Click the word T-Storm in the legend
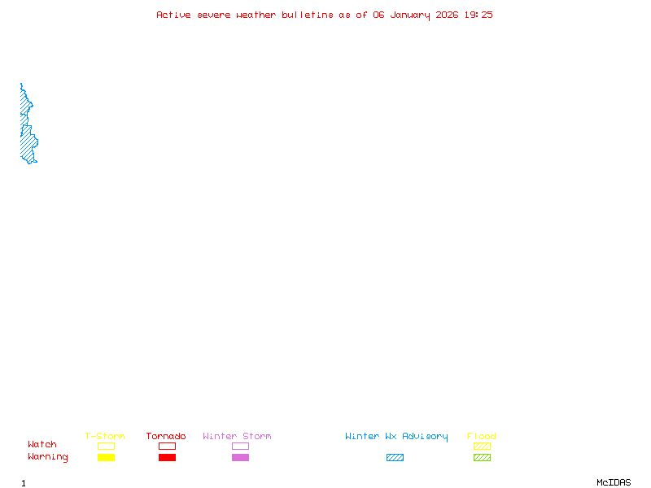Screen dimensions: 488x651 click(105, 437)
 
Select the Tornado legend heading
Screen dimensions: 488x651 click(166, 437)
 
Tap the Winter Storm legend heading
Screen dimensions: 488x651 click(237, 437)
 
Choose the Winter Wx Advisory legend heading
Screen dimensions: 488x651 click(396, 437)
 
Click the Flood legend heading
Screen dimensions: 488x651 click(482, 437)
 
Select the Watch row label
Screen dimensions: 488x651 click(42, 445)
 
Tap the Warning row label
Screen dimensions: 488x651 click(48, 457)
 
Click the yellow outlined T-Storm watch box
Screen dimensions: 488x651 click(106, 446)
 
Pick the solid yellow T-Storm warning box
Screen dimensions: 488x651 click(106, 457)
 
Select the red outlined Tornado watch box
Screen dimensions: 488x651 click(167, 446)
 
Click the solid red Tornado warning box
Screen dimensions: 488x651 click(167, 457)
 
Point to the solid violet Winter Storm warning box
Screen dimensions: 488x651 click(240, 457)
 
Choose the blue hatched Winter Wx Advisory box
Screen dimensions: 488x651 click(395, 457)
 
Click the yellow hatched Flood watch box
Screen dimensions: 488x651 click(482, 446)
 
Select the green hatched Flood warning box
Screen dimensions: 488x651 click(482, 457)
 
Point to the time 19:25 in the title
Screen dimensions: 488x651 click(478, 15)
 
